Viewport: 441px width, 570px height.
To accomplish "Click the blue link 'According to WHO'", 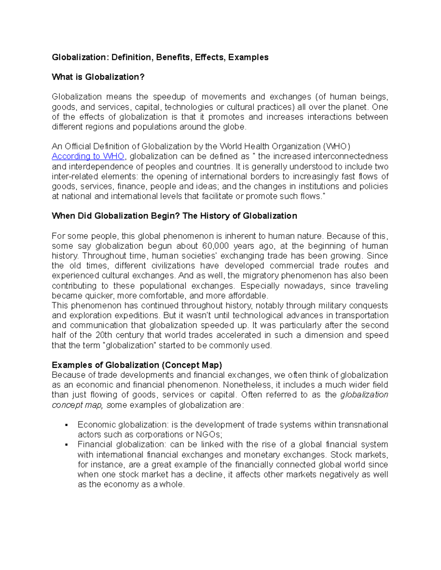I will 88,156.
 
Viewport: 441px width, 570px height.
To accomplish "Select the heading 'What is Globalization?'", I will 98,77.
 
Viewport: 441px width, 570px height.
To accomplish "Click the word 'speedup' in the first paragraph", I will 169,97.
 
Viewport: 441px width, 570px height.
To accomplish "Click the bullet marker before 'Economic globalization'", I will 67,425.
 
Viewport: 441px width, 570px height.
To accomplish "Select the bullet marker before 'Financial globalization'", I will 67,445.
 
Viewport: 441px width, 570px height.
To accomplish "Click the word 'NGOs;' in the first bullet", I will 209,435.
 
